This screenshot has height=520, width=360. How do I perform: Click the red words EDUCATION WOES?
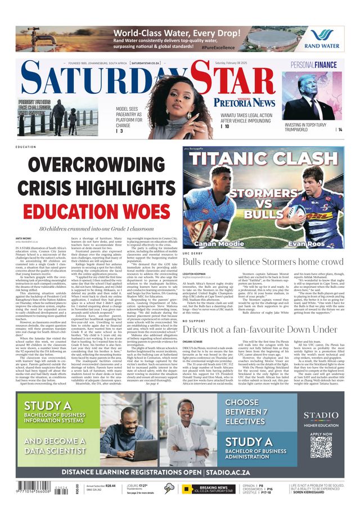point(93,211)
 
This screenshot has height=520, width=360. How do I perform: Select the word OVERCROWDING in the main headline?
point(93,165)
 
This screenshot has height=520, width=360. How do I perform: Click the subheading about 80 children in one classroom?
point(93,229)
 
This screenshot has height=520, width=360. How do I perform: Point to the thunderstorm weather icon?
point(169,488)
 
